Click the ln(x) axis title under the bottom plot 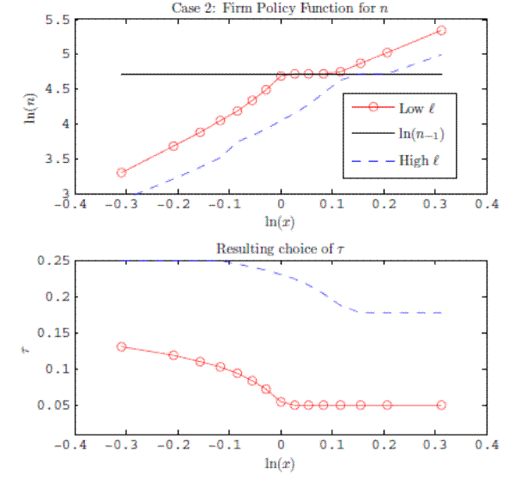(x=279, y=464)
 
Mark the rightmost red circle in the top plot (x=441, y=30)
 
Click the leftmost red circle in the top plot (x=121, y=172)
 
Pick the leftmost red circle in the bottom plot (x=121, y=346)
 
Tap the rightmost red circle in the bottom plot (x=441, y=405)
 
